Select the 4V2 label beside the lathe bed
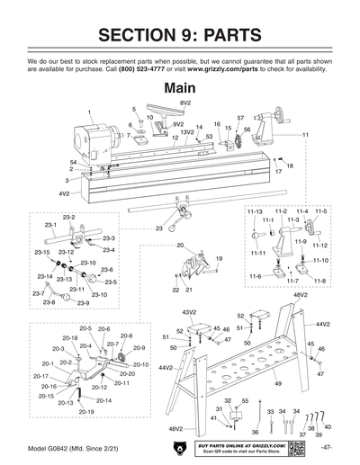(x=64, y=193)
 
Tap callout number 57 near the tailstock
(x=241, y=118)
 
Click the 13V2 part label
(x=186, y=132)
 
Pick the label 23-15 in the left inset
(x=42, y=253)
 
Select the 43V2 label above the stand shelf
(x=190, y=311)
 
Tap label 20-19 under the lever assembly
(x=85, y=411)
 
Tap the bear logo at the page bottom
(x=180, y=447)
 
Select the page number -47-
(x=328, y=447)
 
